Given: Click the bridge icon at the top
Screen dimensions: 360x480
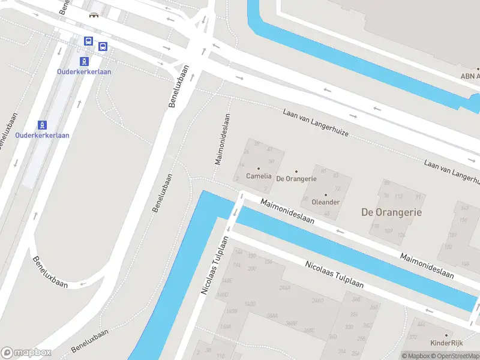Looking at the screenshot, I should click(x=94, y=15).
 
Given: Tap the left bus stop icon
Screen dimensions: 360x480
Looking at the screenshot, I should click(x=88, y=41).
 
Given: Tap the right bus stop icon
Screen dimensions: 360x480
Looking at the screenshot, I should click(x=103, y=46).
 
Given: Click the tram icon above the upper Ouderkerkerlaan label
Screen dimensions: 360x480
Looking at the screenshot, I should click(x=85, y=61).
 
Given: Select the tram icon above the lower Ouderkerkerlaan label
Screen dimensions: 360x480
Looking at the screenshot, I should click(x=42, y=125).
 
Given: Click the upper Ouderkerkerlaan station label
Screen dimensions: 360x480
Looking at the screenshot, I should click(x=84, y=71).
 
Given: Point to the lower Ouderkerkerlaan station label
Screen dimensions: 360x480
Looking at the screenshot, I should click(x=42, y=135).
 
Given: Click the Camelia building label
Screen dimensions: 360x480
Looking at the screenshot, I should click(x=259, y=176).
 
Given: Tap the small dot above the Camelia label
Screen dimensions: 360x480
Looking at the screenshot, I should click(x=259, y=169).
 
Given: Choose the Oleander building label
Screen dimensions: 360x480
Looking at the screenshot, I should click(x=326, y=202).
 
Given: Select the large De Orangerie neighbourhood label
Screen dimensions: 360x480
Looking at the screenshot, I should click(x=391, y=212).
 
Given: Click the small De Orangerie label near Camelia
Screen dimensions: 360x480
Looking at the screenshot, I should click(x=296, y=179).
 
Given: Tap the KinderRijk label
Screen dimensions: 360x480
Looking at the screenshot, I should click(x=446, y=343).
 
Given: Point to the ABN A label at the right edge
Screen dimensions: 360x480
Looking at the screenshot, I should click(x=470, y=76).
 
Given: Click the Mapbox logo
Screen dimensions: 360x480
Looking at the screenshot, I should click(x=26, y=352).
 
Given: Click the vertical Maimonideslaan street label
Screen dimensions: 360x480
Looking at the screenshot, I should click(x=223, y=139).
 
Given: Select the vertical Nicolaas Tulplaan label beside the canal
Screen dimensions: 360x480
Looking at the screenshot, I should click(x=215, y=265).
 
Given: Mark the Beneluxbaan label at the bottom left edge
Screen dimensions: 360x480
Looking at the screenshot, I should click(x=90, y=340).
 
